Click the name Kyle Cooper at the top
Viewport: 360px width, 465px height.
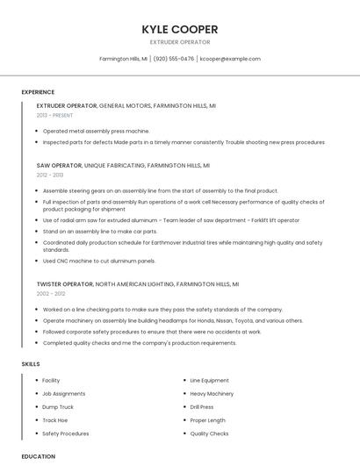[x=180, y=30]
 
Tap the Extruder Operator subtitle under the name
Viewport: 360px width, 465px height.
[x=180, y=42]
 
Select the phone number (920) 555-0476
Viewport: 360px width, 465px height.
[x=174, y=59]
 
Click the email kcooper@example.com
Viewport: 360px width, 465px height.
[x=230, y=59]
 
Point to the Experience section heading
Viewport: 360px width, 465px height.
[x=38, y=92]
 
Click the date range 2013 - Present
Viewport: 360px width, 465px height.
[x=54, y=115]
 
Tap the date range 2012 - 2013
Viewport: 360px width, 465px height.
[x=50, y=175]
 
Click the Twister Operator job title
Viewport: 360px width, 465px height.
[x=63, y=284]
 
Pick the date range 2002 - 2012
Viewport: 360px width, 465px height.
[x=50, y=294]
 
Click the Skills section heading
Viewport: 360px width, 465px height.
[x=31, y=363]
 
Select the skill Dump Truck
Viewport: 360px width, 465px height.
[x=58, y=407]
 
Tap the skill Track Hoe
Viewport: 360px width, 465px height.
[x=55, y=420]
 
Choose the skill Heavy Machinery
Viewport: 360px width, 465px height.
[x=212, y=394]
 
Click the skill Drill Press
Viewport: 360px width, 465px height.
[x=202, y=407]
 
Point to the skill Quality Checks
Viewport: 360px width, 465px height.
[x=209, y=433]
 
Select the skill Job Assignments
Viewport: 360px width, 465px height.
[x=64, y=394]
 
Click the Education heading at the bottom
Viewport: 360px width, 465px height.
[x=39, y=456]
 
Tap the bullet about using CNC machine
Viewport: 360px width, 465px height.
[x=99, y=261]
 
